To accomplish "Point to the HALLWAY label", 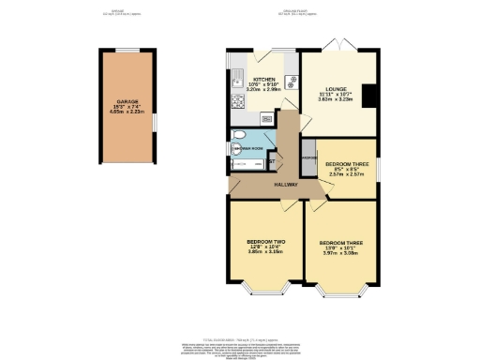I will [x=286, y=186].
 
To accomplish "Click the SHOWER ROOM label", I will [x=247, y=147].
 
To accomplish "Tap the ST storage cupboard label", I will [x=272, y=163].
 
